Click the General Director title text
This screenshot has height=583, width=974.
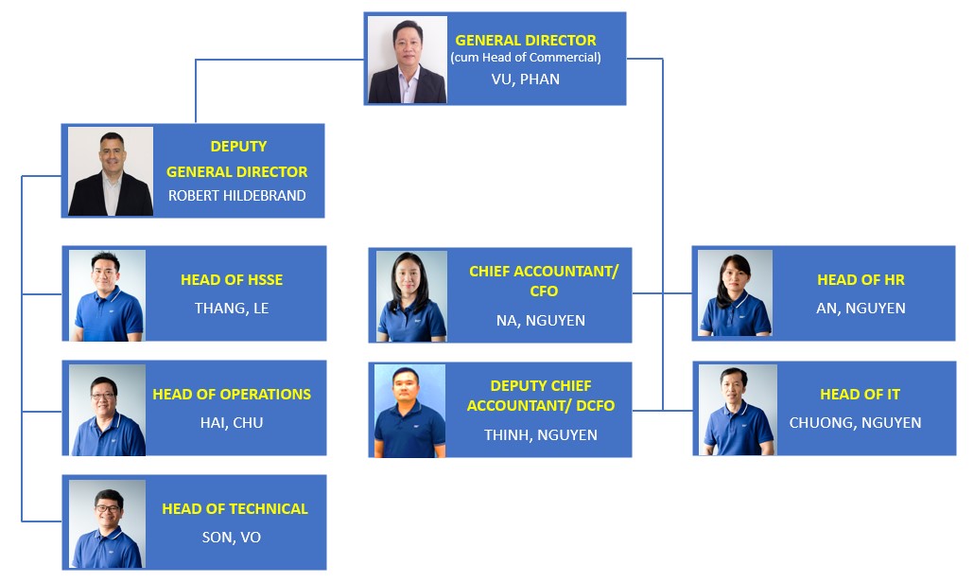pyautogui.click(x=526, y=41)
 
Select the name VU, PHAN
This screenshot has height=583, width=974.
pyautogui.click(x=526, y=79)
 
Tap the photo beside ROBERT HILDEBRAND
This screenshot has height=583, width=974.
pyautogui.click(x=111, y=171)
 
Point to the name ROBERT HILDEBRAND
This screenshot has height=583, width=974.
pyautogui.click(x=236, y=196)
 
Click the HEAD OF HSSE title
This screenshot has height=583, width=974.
pyautogui.click(x=232, y=280)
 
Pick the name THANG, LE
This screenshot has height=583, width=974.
pyautogui.click(x=232, y=309)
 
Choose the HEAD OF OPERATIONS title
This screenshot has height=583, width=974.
pyautogui.click(x=232, y=394)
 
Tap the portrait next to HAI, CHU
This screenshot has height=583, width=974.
pyautogui.click(x=108, y=410)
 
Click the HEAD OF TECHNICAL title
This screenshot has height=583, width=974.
pyautogui.click(x=235, y=508)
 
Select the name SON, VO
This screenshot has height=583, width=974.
pyautogui.click(x=232, y=537)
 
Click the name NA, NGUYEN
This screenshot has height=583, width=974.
pyautogui.click(x=540, y=321)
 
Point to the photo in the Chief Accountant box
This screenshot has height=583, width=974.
pyautogui.click(x=411, y=296)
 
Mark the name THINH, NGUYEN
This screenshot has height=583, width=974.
pyautogui.click(x=540, y=435)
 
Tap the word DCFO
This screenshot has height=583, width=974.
pyautogui.click(x=596, y=406)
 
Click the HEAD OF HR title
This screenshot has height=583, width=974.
pyautogui.click(x=861, y=280)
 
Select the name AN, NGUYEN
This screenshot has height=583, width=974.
pyautogui.click(x=861, y=309)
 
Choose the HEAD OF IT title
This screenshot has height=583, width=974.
pyautogui.click(x=860, y=394)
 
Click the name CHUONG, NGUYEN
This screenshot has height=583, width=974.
pyautogui.click(x=856, y=423)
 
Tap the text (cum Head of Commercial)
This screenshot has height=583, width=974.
pyautogui.click(x=526, y=58)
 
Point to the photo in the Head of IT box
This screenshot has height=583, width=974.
pyautogui.click(x=738, y=410)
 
